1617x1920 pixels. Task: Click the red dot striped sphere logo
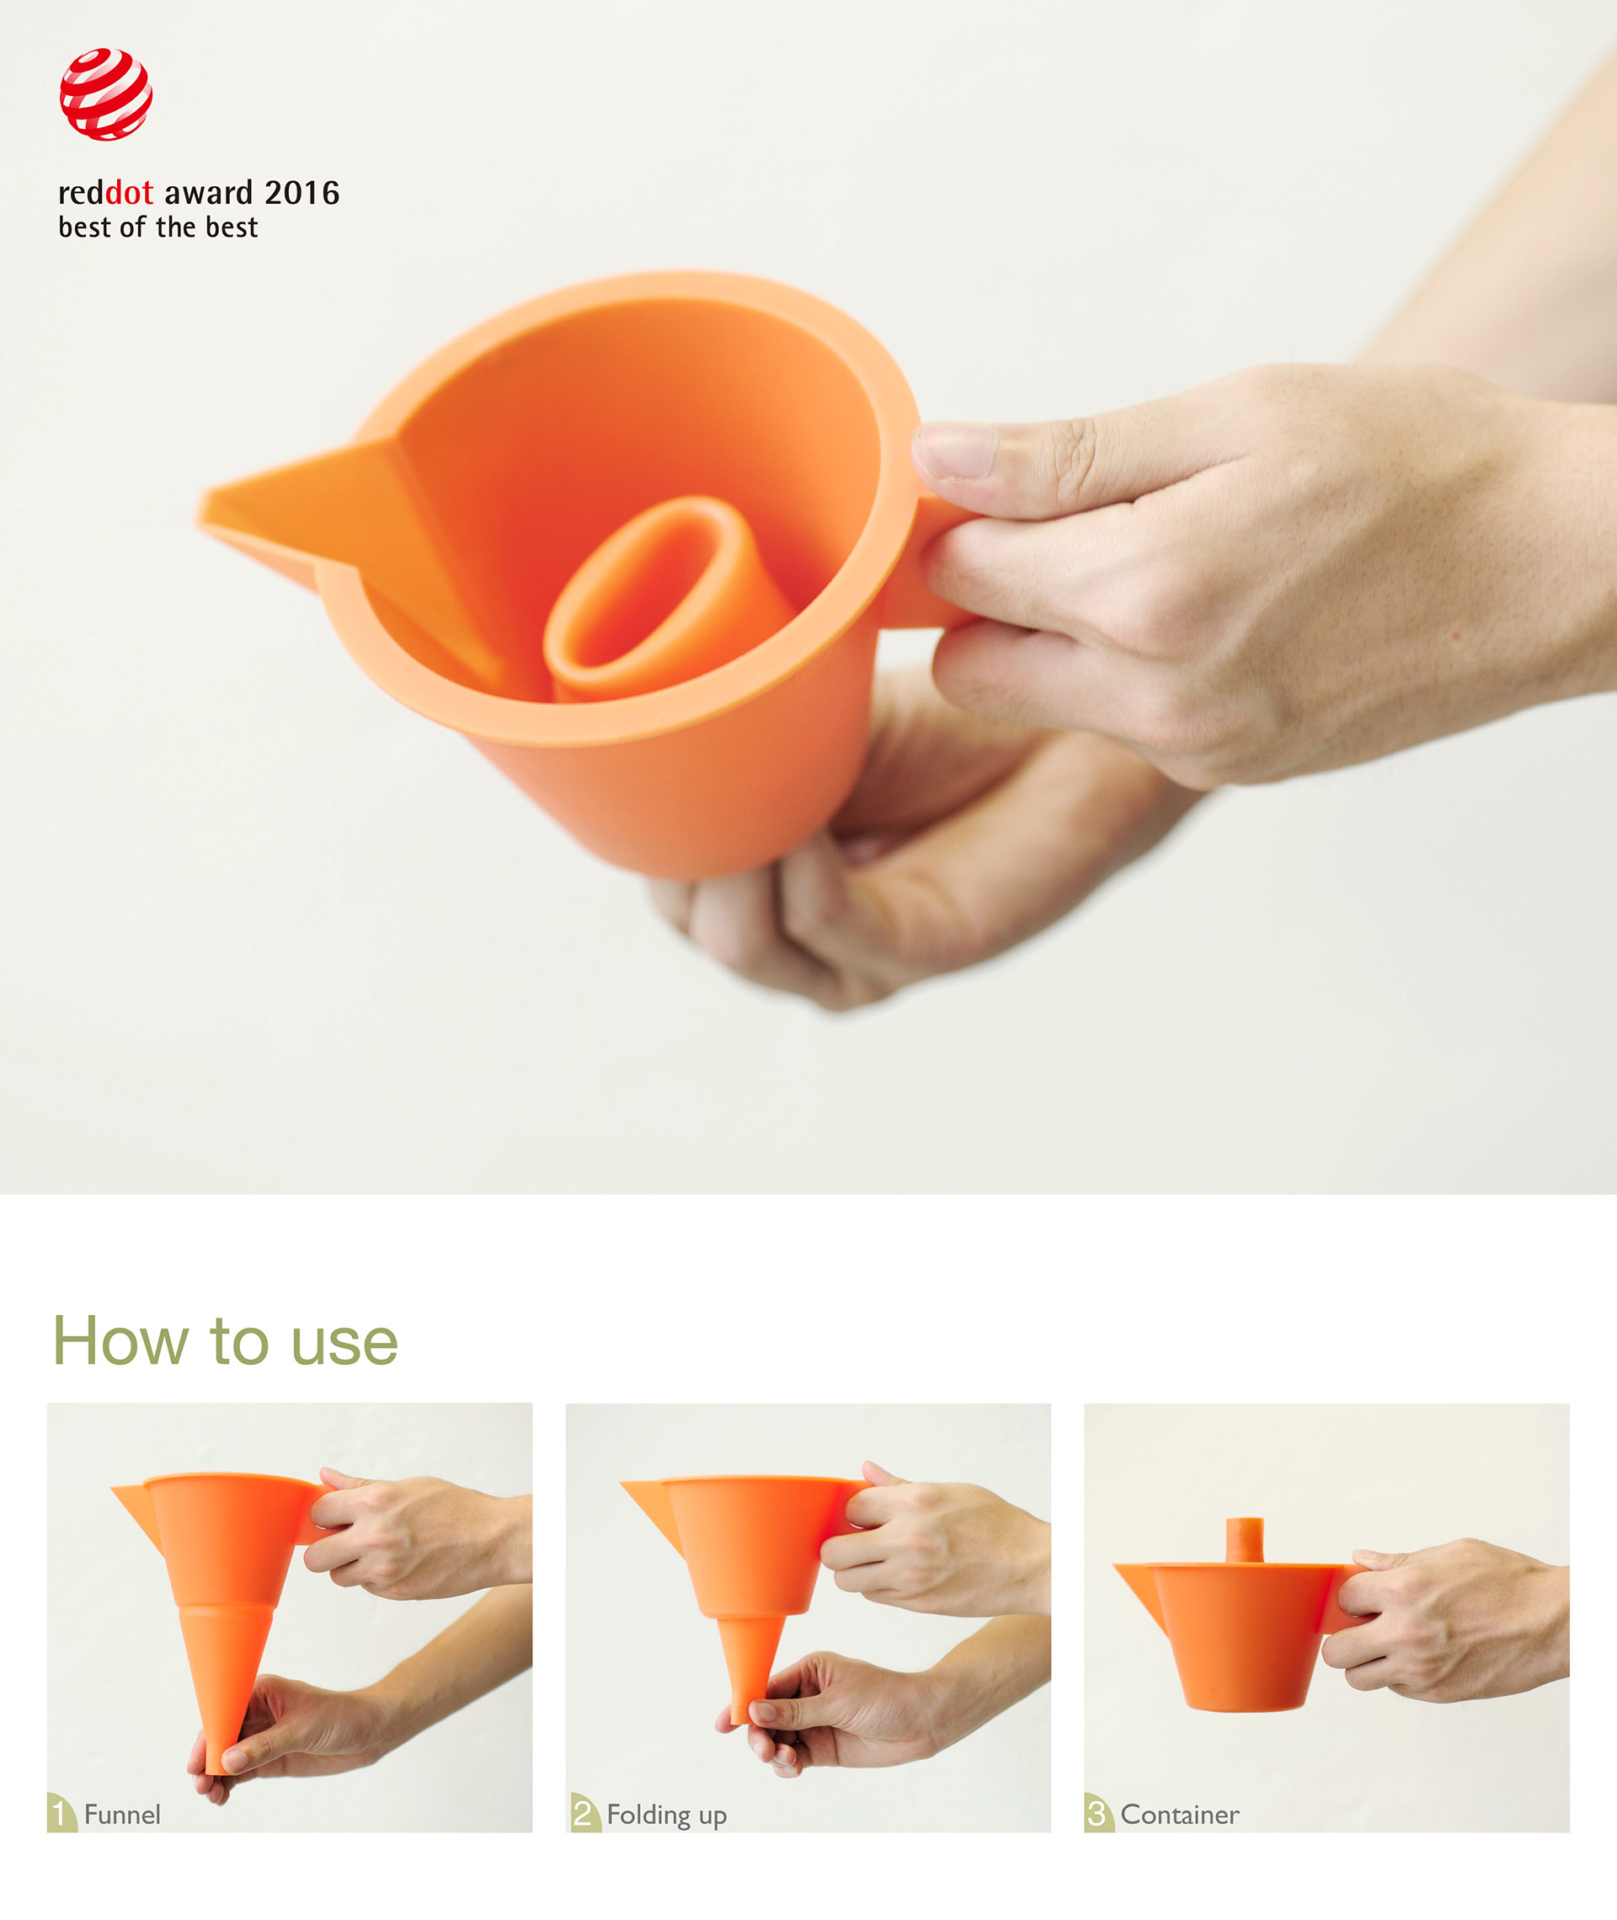105,94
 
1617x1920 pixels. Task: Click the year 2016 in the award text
302,193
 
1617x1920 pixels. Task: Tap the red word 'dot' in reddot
129,193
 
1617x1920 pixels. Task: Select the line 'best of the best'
157,227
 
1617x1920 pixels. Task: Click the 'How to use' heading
226,1341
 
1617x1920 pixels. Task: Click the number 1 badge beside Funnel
61,1813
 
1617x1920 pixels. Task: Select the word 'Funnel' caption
122,1815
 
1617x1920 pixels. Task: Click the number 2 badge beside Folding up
583,1813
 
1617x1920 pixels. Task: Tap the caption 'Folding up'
666,1816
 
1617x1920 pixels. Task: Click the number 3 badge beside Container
1097,1813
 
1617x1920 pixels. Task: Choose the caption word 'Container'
1179,1815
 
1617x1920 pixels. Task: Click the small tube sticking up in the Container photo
1245,1539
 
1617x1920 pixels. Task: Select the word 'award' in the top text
208,193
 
